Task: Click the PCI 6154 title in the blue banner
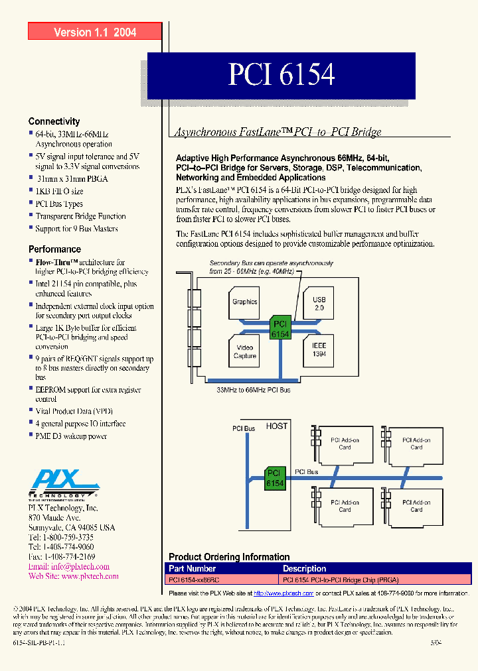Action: pyautogui.click(x=281, y=76)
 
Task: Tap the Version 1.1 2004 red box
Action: pyautogui.click(x=95, y=32)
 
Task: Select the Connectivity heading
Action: pyautogui.click(x=54, y=121)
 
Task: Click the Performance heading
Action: pyautogui.click(x=54, y=249)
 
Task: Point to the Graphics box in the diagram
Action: pyautogui.click(x=244, y=302)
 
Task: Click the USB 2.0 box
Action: pyautogui.click(x=319, y=304)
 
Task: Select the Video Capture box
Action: pyautogui.click(x=244, y=351)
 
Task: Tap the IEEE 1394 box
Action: pyautogui.click(x=319, y=350)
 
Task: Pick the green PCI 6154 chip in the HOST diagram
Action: pyautogui.click(x=275, y=479)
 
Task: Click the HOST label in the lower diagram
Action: pyautogui.click(x=277, y=426)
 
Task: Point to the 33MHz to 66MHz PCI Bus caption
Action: pyautogui.click(x=254, y=391)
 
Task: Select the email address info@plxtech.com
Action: pyautogui.click(x=69, y=567)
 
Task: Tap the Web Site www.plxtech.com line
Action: pyautogui.click(x=73, y=576)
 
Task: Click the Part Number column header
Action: pyautogui.click(x=192, y=568)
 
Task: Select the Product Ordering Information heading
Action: pyautogui.click(x=229, y=557)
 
